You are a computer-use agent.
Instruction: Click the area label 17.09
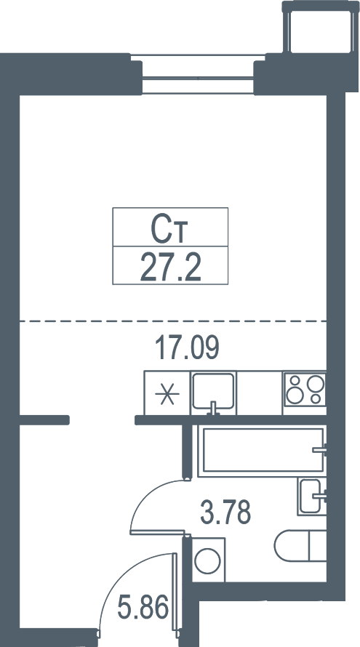pyautogui.click(x=187, y=347)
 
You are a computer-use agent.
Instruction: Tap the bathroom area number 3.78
pyautogui.click(x=225, y=512)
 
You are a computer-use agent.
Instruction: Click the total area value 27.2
pyautogui.click(x=170, y=267)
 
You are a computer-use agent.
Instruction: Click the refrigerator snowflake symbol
pyautogui.click(x=167, y=394)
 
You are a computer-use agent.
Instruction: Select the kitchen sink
pyautogui.click(x=213, y=393)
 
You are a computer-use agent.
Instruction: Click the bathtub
pyautogui.click(x=263, y=450)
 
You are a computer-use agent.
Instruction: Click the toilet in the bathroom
pyautogui.click(x=300, y=545)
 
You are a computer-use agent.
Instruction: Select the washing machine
pyautogui.click(x=209, y=560)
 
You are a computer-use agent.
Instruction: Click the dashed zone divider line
pyautogui.click(x=173, y=321)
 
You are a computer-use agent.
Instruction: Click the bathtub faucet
pyautogui.click(x=319, y=450)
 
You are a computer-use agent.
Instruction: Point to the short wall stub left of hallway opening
pyautogui.click(x=44, y=420)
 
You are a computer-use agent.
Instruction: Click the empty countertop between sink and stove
pyautogui.click(x=259, y=393)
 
